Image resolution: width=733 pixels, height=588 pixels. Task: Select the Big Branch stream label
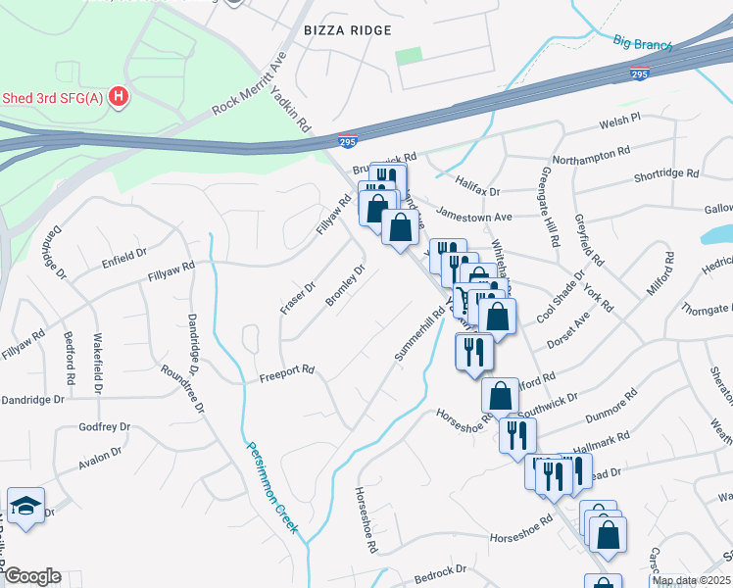[642, 42]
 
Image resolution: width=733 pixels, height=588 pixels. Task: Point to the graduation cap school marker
[24, 506]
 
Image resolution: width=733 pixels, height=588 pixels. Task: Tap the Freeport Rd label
[286, 371]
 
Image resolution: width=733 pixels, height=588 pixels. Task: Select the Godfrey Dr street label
[105, 426]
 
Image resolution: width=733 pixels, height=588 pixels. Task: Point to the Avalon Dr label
[101, 456]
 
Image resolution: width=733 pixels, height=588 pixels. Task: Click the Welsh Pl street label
[619, 120]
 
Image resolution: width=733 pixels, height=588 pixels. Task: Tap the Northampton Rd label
[591, 156]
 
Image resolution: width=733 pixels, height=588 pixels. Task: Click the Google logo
[32, 576]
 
